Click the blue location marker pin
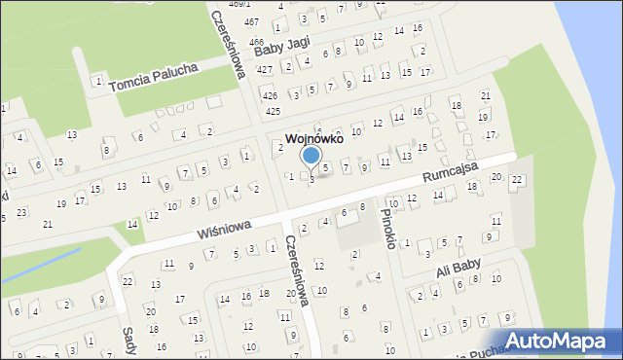pyautogui.click(x=311, y=156)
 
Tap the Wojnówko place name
pyautogui.click(x=312, y=139)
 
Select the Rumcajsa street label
pyautogui.click(x=451, y=175)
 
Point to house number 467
pyautogui.click(x=251, y=21)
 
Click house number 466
pyautogui.click(x=256, y=42)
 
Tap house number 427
pyautogui.click(x=264, y=69)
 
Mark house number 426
pyautogui.click(x=270, y=95)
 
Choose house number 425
pyautogui.click(x=274, y=112)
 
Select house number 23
pyautogui.click(x=21, y=211)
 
